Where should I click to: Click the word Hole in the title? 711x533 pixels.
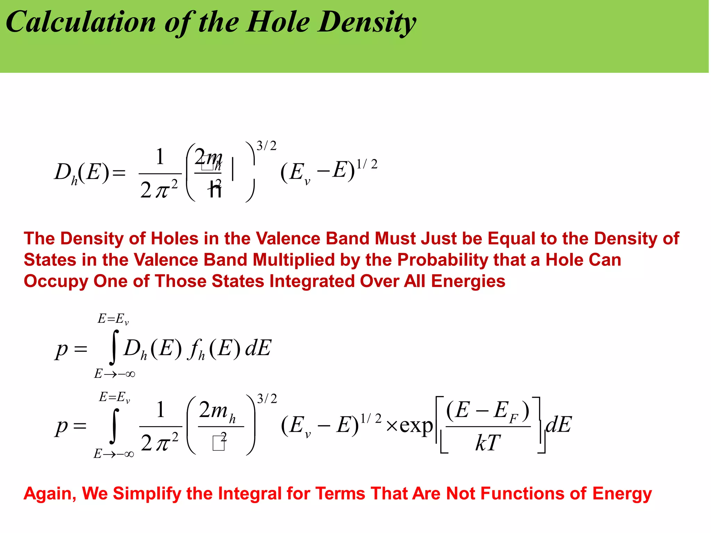[278, 22]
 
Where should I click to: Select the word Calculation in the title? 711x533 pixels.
[81, 22]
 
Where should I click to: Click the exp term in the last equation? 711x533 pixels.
[416, 425]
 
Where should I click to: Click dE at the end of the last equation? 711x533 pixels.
[558, 424]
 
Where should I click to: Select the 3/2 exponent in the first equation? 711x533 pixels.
[267, 146]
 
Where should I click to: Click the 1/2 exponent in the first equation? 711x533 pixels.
[367, 164]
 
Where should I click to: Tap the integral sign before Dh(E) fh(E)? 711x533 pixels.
[114, 348]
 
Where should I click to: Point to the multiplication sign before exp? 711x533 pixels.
[392, 426]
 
